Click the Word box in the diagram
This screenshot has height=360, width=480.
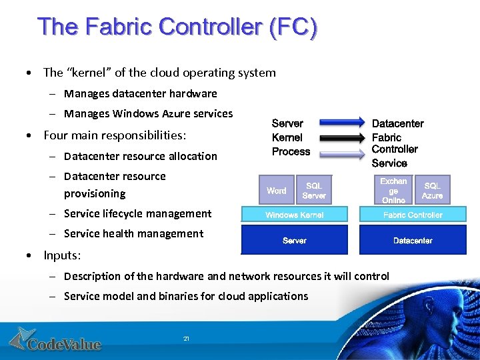click(x=276, y=191)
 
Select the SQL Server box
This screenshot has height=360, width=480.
click(x=314, y=191)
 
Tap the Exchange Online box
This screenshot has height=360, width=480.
click(x=393, y=191)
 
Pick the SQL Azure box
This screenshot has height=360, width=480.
click(x=432, y=191)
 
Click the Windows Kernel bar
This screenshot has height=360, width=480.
click(x=295, y=215)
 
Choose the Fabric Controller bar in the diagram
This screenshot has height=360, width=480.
click(x=413, y=215)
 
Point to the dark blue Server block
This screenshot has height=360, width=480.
click(x=295, y=240)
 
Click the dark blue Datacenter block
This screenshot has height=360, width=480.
click(x=413, y=240)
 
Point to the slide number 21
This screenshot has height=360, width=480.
click(x=186, y=339)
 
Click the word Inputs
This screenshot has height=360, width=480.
click(x=61, y=255)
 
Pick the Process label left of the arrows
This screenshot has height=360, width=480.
click(x=291, y=151)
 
